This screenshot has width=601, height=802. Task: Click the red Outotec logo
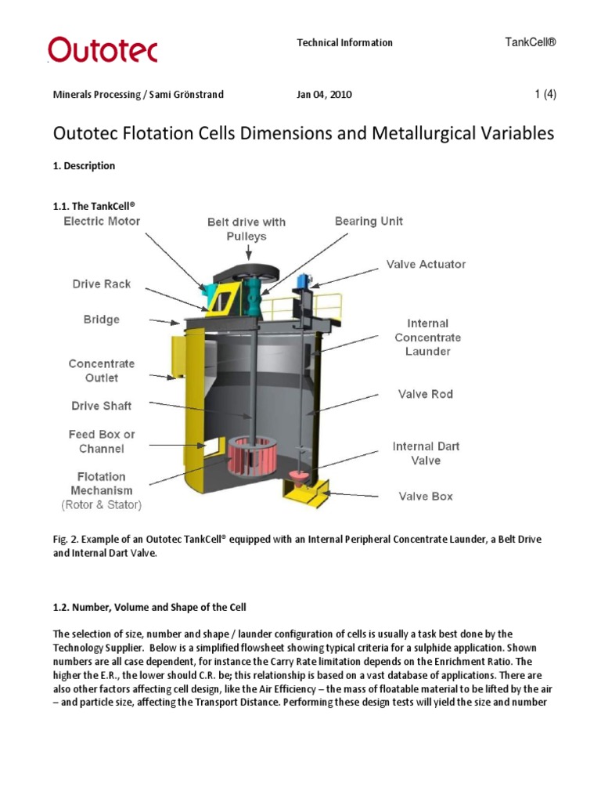[103, 49]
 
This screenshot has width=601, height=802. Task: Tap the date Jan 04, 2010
[324, 95]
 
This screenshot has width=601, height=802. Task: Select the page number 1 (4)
[545, 94]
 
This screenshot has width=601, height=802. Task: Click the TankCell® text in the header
[531, 42]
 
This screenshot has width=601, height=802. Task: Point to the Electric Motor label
[102, 222]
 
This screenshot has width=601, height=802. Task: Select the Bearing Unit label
[369, 222]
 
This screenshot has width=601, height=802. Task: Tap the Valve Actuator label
[426, 265]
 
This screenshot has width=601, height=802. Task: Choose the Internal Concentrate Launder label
[427, 338]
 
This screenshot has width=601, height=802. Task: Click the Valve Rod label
[426, 394]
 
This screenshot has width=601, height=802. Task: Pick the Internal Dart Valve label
[426, 453]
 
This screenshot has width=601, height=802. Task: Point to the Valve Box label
[426, 497]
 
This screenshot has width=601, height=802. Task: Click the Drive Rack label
[103, 284]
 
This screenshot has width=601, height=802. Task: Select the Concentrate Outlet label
[102, 370]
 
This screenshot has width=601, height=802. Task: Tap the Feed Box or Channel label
[102, 442]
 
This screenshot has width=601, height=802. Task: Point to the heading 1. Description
[84, 166]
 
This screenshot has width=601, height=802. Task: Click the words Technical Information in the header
[344, 43]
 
